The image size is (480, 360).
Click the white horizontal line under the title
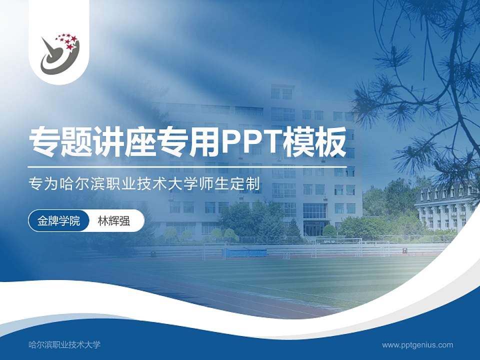click(x=187, y=166)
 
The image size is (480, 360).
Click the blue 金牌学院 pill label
click(x=59, y=220)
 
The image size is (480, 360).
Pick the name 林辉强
click(x=114, y=220)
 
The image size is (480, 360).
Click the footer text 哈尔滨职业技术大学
click(x=65, y=344)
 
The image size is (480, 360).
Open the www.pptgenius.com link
click(x=417, y=344)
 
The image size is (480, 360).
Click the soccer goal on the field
click(x=337, y=247)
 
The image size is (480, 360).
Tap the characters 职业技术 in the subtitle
click(x=137, y=183)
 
